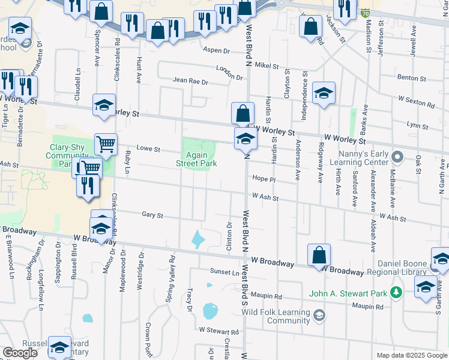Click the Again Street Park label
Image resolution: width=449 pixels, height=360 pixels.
[x=196, y=158]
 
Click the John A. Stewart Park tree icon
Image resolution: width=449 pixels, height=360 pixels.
[x=396, y=292]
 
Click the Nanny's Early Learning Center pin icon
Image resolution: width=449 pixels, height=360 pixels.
[x=396, y=157]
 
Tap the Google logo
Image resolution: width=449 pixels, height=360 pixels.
[x=20, y=353]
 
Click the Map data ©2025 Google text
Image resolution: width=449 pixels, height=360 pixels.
[x=411, y=355]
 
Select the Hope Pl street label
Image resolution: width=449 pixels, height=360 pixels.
[x=264, y=179]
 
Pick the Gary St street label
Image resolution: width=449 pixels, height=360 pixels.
[x=152, y=214]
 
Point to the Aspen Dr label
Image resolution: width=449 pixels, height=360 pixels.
[x=217, y=50]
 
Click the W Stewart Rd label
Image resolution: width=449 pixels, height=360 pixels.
[x=219, y=331]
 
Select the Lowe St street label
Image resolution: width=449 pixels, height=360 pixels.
[x=148, y=149]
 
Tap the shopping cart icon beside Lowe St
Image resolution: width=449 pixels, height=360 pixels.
[x=106, y=143]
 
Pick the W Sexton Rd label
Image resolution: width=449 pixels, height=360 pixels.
[x=415, y=101]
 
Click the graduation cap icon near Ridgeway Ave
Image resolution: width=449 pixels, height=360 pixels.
[x=324, y=93]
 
